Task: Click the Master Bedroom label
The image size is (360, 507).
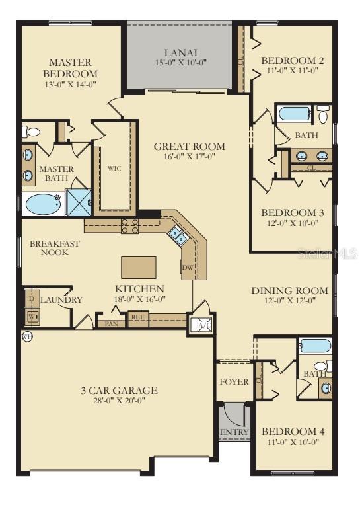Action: (71, 68)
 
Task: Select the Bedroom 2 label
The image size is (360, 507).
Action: (291, 59)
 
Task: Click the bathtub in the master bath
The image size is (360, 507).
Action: (43, 204)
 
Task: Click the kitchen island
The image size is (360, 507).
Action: (139, 267)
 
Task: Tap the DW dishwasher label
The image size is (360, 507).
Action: (187, 268)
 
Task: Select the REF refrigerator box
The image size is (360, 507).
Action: (138, 317)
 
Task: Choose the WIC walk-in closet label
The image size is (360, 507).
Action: (114, 169)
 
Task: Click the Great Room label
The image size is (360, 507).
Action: (190, 147)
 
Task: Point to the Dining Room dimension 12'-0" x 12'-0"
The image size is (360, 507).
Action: (289, 301)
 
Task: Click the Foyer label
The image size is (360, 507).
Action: (234, 382)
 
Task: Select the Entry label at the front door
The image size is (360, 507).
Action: (234, 432)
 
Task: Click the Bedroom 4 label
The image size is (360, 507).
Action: (292, 432)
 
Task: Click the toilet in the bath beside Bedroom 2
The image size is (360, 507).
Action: (323, 116)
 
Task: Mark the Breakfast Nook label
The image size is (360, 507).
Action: (55, 248)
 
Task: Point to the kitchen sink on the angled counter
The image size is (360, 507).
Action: (177, 233)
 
